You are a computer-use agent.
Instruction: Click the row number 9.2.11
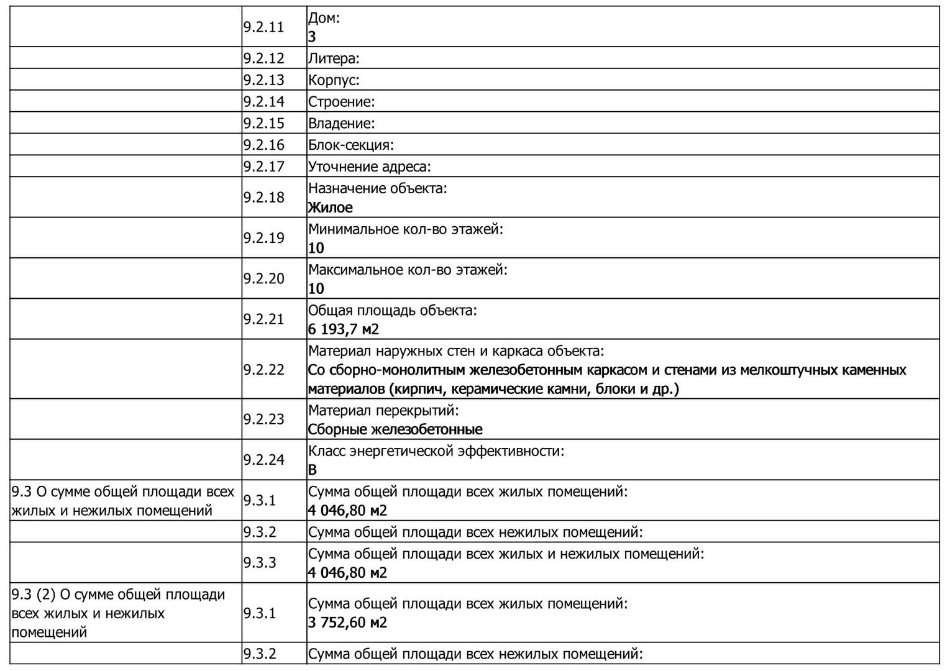coord(263,27)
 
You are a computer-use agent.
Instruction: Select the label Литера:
coord(334,58)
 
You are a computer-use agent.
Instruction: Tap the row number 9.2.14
coord(263,101)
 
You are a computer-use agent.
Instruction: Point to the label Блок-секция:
coord(351,145)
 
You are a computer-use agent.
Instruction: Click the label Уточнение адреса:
coord(369,167)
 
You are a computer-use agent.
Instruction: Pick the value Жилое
coord(330,208)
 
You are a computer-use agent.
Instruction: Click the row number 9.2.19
coord(263,238)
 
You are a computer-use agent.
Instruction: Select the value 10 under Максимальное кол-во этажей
coord(316,288)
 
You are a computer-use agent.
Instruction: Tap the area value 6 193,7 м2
coord(344,329)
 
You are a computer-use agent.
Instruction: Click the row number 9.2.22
coord(263,370)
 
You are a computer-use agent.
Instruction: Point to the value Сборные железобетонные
coord(395,429)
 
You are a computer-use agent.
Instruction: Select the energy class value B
coord(313,470)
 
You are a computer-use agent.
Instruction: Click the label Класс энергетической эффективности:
coord(436,451)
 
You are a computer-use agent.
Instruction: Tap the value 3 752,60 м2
coord(347,623)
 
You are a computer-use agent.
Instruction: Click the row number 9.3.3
coord(260,562)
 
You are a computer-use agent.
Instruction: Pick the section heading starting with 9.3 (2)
coord(118,613)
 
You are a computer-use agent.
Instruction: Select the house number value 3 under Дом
coord(312,37)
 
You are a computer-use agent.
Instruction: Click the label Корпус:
coord(334,80)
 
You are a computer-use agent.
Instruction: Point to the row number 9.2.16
coord(263,145)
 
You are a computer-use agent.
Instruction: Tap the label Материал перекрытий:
coord(383,411)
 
